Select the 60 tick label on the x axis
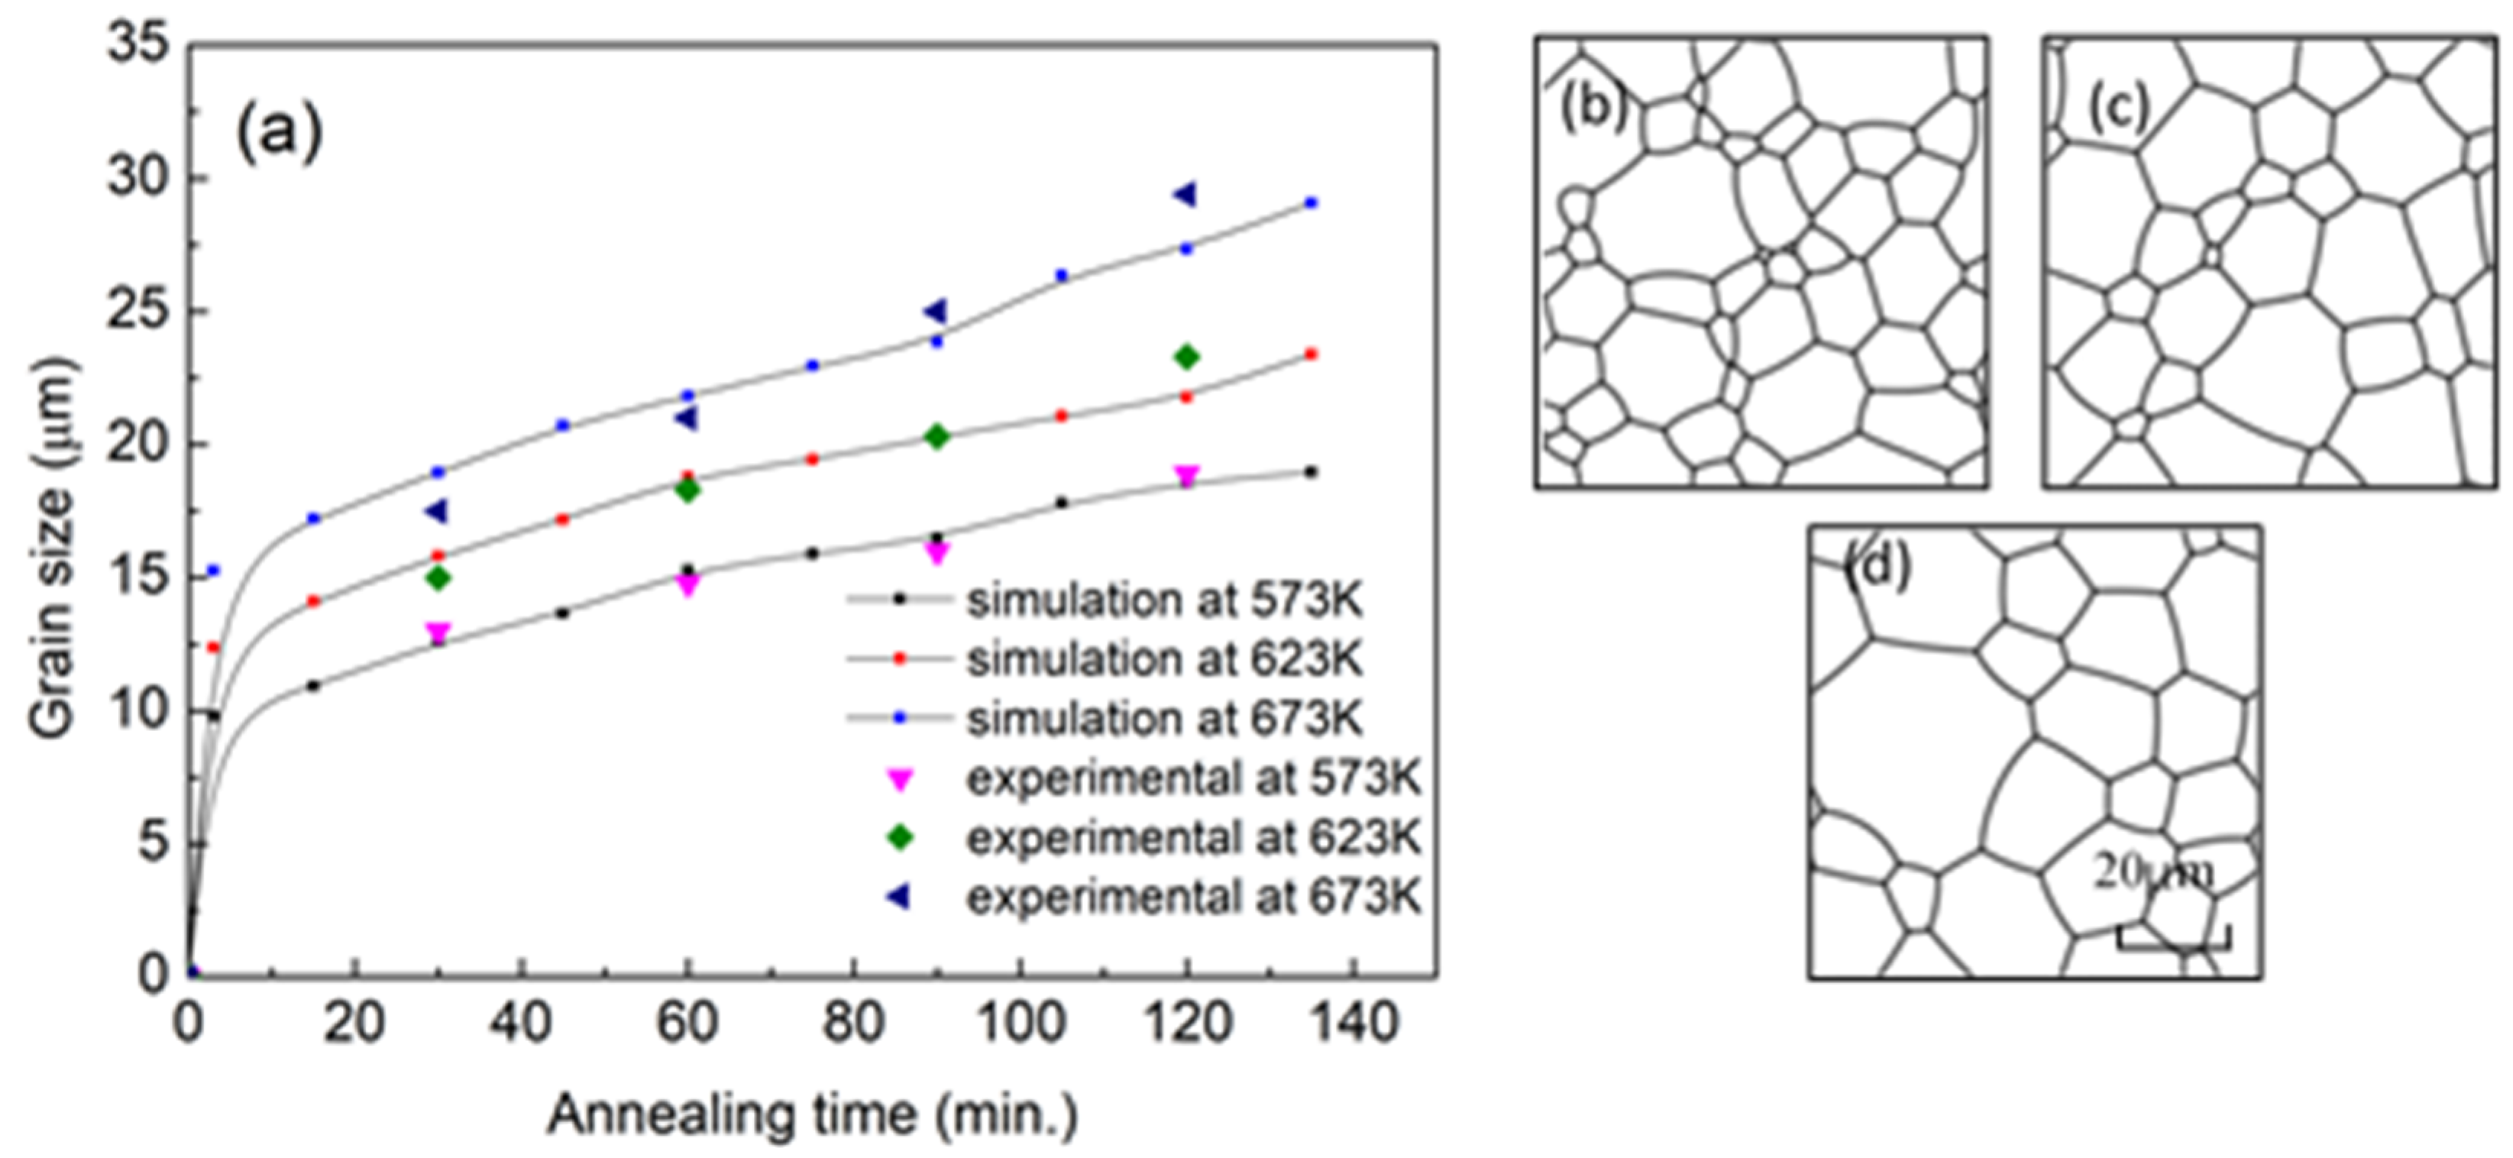[687, 1024]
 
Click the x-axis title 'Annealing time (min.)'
[813, 1115]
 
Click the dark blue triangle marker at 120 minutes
[1185, 195]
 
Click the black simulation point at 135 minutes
[1311, 472]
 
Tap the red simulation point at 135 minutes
[1311, 354]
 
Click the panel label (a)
[279, 133]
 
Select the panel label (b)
[1594, 106]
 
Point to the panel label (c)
[2119, 107]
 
